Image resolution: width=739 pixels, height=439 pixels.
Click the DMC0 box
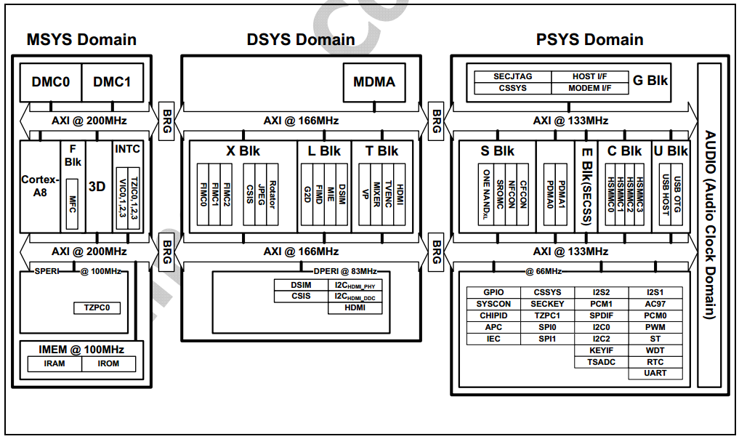point(51,82)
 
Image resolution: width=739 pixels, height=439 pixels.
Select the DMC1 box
point(113,82)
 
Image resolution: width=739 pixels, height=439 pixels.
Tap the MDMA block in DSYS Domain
point(374,82)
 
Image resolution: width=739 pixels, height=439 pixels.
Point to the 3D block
point(97,186)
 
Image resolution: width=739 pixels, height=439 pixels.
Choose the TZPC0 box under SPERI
point(97,308)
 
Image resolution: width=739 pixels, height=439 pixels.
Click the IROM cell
point(109,363)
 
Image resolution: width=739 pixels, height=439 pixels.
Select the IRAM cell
point(54,363)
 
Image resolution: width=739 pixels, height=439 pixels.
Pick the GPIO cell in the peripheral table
point(493,292)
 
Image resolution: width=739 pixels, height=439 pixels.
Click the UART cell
point(655,374)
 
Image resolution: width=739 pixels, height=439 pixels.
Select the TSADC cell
point(602,362)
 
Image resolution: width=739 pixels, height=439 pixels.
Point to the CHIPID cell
point(493,315)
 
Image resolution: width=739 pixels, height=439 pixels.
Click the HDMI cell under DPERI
point(355,308)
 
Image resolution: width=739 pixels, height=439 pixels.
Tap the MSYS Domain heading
point(81,39)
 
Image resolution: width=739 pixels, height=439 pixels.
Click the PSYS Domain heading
point(590,39)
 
